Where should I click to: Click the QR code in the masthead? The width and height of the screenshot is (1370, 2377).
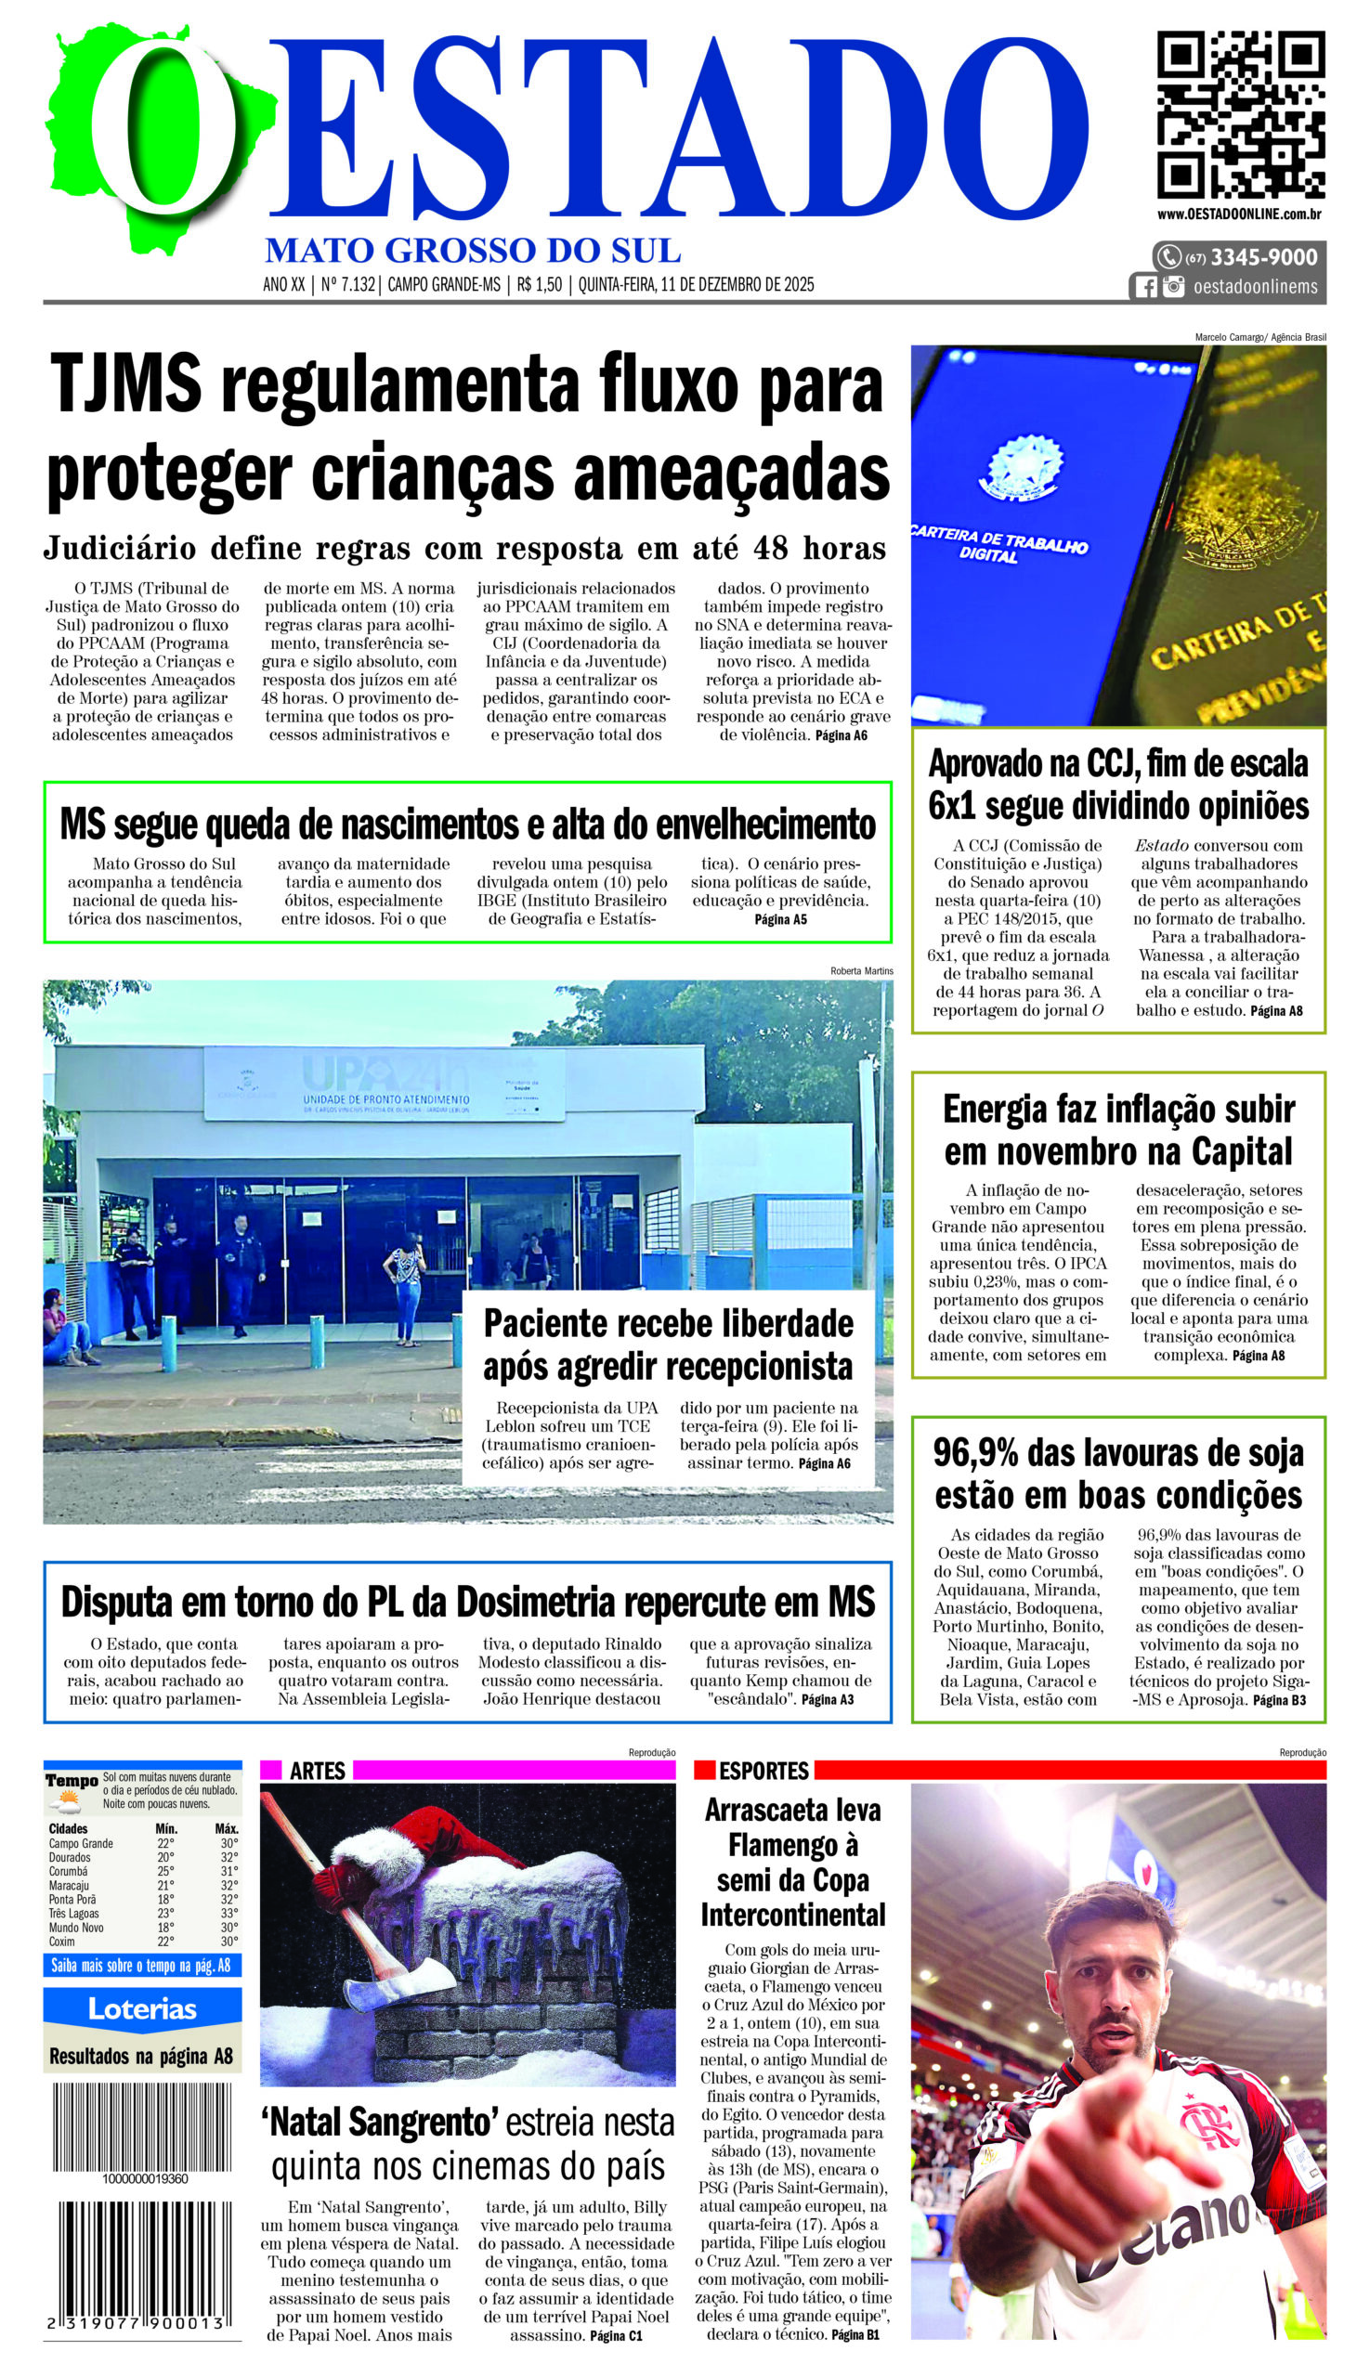pyautogui.click(x=1240, y=114)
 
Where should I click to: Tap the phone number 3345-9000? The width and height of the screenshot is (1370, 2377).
pyautogui.click(x=1263, y=257)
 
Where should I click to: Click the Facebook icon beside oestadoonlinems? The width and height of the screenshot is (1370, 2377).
pyautogui.click(x=1145, y=287)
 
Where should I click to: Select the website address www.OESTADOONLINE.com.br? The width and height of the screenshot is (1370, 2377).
pyautogui.click(x=1239, y=214)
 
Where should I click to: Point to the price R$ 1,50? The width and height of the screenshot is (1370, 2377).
pyautogui.click(x=539, y=285)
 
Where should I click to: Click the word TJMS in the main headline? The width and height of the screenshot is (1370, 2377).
pyautogui.click(x=126, y=384)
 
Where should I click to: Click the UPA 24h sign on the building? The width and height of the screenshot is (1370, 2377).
pyautogui.click(x=385, y=1074)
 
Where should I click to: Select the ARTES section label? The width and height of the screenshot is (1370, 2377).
pyautogui.click(x=317, y=1772)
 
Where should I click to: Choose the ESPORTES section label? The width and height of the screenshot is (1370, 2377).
pyautogui.click(x=763, y=1772)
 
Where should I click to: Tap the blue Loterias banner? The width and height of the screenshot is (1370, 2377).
pyautogui.click(x=142, y=2009)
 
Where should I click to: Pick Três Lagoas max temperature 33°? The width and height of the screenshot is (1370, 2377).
pyautogui.click(x=228, y=1914)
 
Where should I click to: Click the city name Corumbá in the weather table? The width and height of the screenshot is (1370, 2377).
pyautogui.click(x=69, y=1871)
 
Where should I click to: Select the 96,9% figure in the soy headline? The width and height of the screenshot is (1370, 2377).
pyautogui.click(x=975, y=1453)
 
